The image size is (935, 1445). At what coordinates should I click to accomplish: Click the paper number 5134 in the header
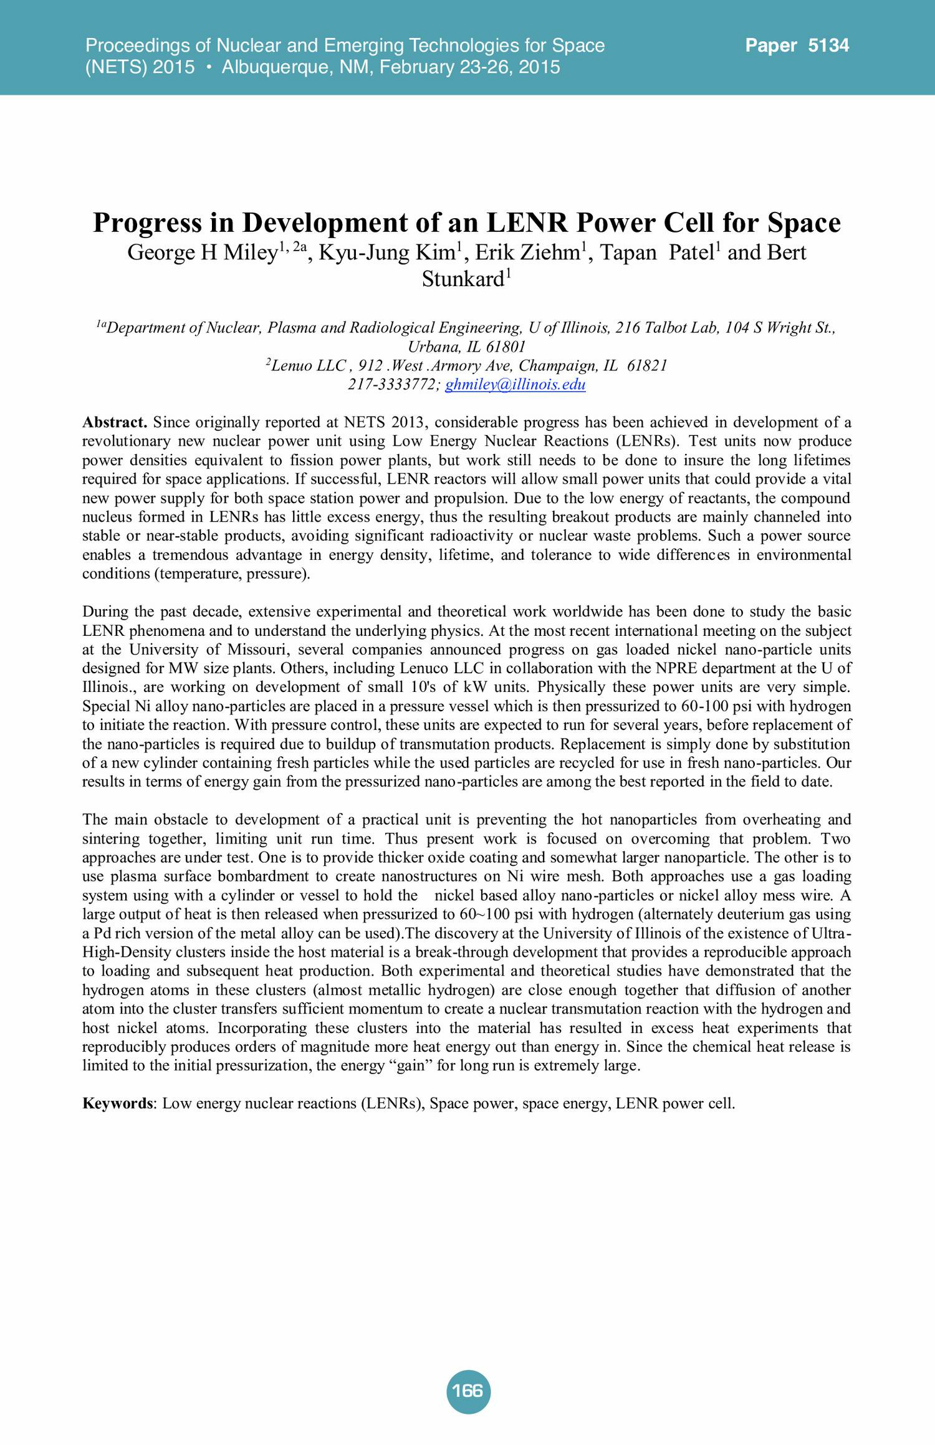pyautogui.click(x=828, y=46)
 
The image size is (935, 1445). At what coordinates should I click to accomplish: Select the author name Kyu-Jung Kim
pyautogui.click(x=387, y=252)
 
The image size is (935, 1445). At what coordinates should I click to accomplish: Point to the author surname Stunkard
pyautogui.click(x=463, y=279)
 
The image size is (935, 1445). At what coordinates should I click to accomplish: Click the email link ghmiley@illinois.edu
pyautogui.click(x=515, y=384)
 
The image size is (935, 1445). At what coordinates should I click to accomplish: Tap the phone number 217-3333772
pyautogui.click(x=393, y=384)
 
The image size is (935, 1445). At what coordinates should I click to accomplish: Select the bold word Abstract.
pyautogui.click(x=115, y=423)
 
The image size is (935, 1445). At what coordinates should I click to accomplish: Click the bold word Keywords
pyautogui.click(x=117, y=1103)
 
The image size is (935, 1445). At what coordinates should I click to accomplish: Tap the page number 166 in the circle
pyautogui.click(x=467, y=1391)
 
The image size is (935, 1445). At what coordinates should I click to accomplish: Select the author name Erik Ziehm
pyautogui.click(x=527, y=252)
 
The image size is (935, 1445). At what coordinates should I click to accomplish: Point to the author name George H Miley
pyautogui.click(x=203, y=252)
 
